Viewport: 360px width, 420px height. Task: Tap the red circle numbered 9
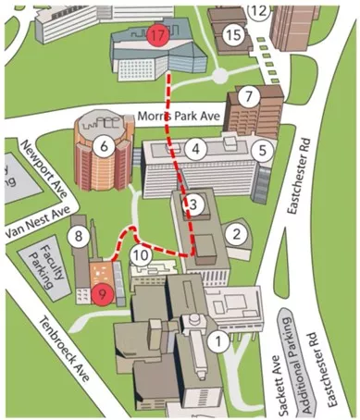coord(104,295)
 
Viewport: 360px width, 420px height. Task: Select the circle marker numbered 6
coord(104,145)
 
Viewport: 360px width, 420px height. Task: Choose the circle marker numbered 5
coord(263,148)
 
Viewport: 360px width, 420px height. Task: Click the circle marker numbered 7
coord(247,95)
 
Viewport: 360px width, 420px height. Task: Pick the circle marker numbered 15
coord(234,35)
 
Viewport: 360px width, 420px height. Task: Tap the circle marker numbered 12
coord(259,11)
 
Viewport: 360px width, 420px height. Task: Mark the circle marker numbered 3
coord(193,203)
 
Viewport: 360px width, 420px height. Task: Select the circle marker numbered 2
coord(237,232)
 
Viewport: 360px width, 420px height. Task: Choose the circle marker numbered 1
coord(218,341)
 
